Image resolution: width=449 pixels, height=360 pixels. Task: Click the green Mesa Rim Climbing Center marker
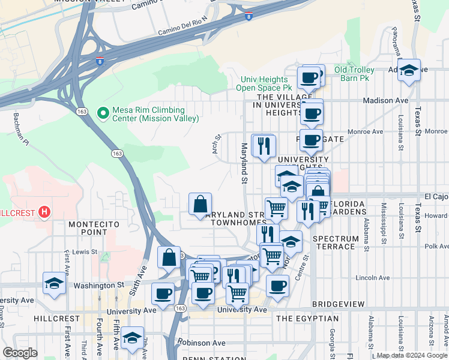click(103, 112)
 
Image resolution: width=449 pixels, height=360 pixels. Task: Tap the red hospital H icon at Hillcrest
click(44, 212)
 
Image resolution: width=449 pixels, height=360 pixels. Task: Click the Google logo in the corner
click(20, 353)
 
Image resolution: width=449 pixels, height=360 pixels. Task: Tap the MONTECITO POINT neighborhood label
click(94, 228)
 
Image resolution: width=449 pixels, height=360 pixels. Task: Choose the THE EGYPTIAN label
click(307, 319)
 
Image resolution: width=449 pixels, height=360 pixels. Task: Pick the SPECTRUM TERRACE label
click(334, 242)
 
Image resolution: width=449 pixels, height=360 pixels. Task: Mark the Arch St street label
click(217, 144)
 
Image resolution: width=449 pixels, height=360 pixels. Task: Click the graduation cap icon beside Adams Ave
click(409, 70)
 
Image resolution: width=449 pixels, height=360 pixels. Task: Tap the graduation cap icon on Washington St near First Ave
click(54, 283)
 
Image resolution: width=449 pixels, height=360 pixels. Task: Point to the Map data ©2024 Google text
click(412, 355)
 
